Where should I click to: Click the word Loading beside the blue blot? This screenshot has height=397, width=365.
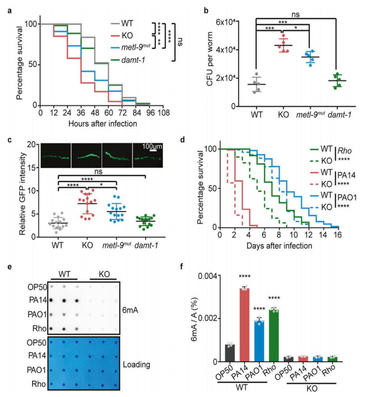pos(137,365)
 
